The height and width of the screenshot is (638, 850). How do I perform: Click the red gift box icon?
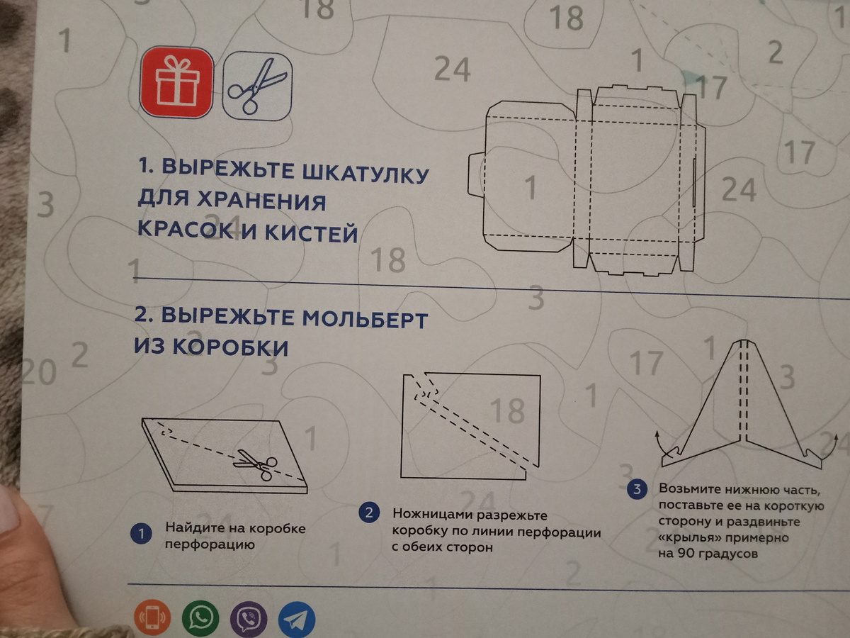(x=176, y=82)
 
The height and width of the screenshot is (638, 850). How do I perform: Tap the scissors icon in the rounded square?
(x=257, y=86)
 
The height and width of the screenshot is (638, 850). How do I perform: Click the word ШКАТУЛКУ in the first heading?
(x=365, y=173)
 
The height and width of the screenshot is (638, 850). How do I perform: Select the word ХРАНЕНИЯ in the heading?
(x=261, y=201)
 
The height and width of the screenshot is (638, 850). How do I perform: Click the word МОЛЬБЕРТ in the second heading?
(x=365, y=320)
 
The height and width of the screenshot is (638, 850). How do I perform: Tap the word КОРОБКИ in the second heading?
(x=230, y=347)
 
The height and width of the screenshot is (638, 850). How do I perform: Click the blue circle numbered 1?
(x=142, y=535)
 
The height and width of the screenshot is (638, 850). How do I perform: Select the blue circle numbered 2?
(x=369, y=513)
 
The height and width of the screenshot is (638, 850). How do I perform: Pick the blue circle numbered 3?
(x=637, y=489)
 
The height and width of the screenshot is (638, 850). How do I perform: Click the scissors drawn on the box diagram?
(x=256, y=464)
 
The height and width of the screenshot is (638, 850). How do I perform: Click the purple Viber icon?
(x=249, y=619)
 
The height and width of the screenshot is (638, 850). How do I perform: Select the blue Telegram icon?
(x=297, y=620)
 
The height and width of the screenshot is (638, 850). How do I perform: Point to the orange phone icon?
(x=152, y=617)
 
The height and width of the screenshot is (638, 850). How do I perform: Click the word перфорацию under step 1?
(x=210, y=544)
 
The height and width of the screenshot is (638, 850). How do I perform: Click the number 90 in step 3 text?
(x=686, y=554)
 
